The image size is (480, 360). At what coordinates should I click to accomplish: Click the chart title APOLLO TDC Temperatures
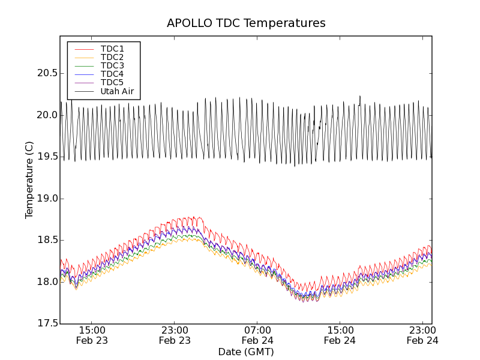246,23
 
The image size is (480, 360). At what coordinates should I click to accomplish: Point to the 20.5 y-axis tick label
47,73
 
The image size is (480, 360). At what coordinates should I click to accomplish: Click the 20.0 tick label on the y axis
47,115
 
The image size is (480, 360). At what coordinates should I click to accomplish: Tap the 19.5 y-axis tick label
47,157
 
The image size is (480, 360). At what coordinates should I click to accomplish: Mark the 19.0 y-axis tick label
47,199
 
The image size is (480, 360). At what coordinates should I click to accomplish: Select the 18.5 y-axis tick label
47,240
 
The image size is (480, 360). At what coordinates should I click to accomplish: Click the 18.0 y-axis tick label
47,282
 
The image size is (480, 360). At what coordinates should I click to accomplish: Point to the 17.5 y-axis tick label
47,323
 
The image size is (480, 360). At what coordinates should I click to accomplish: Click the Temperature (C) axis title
29,180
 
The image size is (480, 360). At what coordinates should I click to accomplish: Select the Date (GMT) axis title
246,352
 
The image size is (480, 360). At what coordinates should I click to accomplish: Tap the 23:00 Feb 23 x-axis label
175,335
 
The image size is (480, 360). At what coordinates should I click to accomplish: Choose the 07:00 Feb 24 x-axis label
257,335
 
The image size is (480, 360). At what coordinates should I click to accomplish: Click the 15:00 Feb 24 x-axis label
340,335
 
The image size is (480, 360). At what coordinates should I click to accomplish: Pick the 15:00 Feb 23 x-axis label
92,335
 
